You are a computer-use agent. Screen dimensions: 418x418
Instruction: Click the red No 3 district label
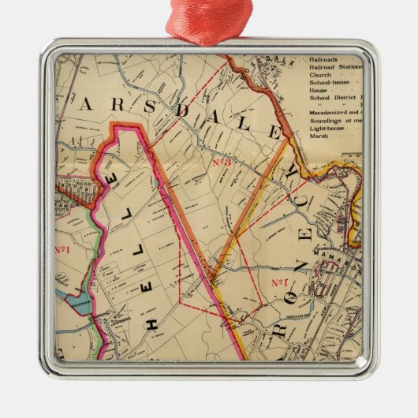[x=222, y=162]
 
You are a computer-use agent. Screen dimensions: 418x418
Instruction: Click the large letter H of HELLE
[x=153, y=322]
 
